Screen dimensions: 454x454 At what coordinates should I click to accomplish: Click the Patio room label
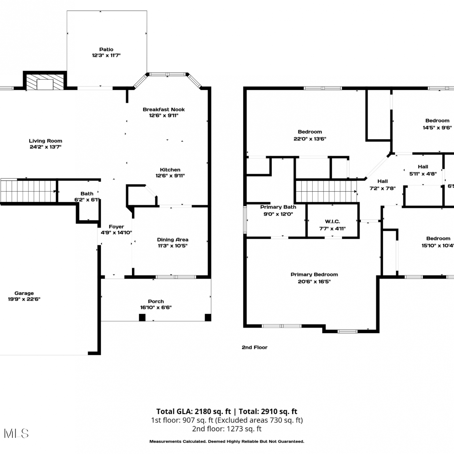106,49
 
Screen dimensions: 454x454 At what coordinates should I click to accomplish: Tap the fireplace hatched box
45,82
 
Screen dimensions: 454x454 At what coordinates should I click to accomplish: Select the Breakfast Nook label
164,110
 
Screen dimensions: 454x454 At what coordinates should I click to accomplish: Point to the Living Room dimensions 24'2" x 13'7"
45,147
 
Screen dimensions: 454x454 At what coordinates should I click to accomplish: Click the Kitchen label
170,170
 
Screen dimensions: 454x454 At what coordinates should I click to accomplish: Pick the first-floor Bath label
87,193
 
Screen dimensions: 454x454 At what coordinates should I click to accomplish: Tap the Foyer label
117,227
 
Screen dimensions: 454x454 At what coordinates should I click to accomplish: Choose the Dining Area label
173,240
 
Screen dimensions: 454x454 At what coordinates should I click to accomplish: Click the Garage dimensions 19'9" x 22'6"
24,299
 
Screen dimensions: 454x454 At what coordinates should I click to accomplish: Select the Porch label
156,301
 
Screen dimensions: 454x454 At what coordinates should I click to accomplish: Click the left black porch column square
142,317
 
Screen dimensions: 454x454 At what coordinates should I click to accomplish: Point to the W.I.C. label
332,222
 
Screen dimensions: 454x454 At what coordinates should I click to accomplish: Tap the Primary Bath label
278,207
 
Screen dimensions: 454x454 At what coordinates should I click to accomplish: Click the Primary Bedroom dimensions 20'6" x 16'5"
314,281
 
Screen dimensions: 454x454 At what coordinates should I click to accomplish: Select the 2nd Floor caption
255,347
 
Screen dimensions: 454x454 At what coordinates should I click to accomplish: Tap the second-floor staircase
326,192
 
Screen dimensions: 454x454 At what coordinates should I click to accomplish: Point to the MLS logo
16,433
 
